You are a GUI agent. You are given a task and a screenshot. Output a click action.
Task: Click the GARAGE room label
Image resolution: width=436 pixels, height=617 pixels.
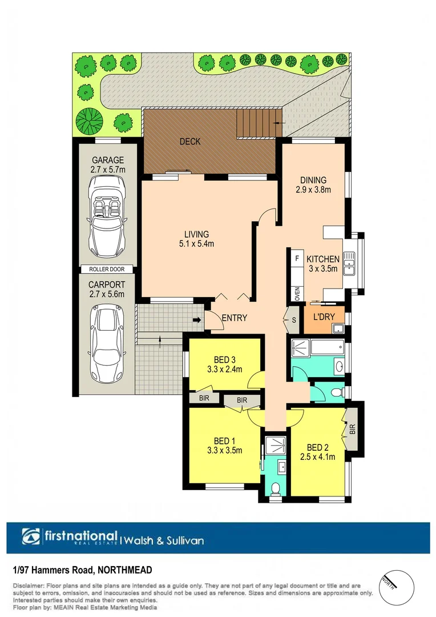coord(107,160)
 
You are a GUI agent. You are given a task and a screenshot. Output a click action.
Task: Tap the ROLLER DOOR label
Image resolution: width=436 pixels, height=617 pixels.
coord(107,269)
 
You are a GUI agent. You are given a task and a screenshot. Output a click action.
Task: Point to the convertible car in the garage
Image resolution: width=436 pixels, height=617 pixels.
coord(107,218)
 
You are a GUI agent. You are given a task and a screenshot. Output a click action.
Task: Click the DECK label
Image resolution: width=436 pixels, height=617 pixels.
coord(190,142)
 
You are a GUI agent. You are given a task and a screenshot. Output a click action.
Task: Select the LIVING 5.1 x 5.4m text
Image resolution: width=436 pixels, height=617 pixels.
coord(196,239)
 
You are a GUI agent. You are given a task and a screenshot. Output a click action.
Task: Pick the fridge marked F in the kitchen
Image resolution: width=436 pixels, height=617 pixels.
coord(297,258)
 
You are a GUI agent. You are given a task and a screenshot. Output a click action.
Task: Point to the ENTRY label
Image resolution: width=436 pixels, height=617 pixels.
coord(234,318)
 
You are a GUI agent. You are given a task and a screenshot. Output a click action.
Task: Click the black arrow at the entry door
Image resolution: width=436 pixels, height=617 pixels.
coord(197,320)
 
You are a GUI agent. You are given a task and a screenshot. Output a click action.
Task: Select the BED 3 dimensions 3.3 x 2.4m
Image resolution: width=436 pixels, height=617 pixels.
coord(225,369)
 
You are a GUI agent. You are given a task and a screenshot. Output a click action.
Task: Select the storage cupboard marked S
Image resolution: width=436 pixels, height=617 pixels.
coord(293,319)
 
